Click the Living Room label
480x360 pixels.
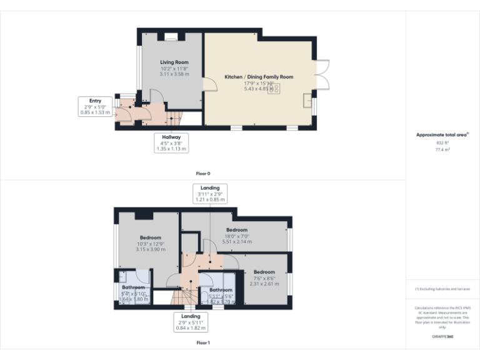click(x=174, y=62)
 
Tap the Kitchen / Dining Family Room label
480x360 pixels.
click(x=259, y=77)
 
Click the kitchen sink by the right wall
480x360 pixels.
click(x=307, y=100)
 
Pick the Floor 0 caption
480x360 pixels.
click(x=203, y=173)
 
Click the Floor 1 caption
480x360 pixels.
click(x=203, y=342)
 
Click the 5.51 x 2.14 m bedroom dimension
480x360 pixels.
click(x=237, y=241)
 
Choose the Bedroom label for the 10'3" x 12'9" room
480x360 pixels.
click(x=151, y=237)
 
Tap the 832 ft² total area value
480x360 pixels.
click(x=442, y=143)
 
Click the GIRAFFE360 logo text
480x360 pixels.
click(x=442, y=337)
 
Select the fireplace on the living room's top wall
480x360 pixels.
click(x=171, y=39)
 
